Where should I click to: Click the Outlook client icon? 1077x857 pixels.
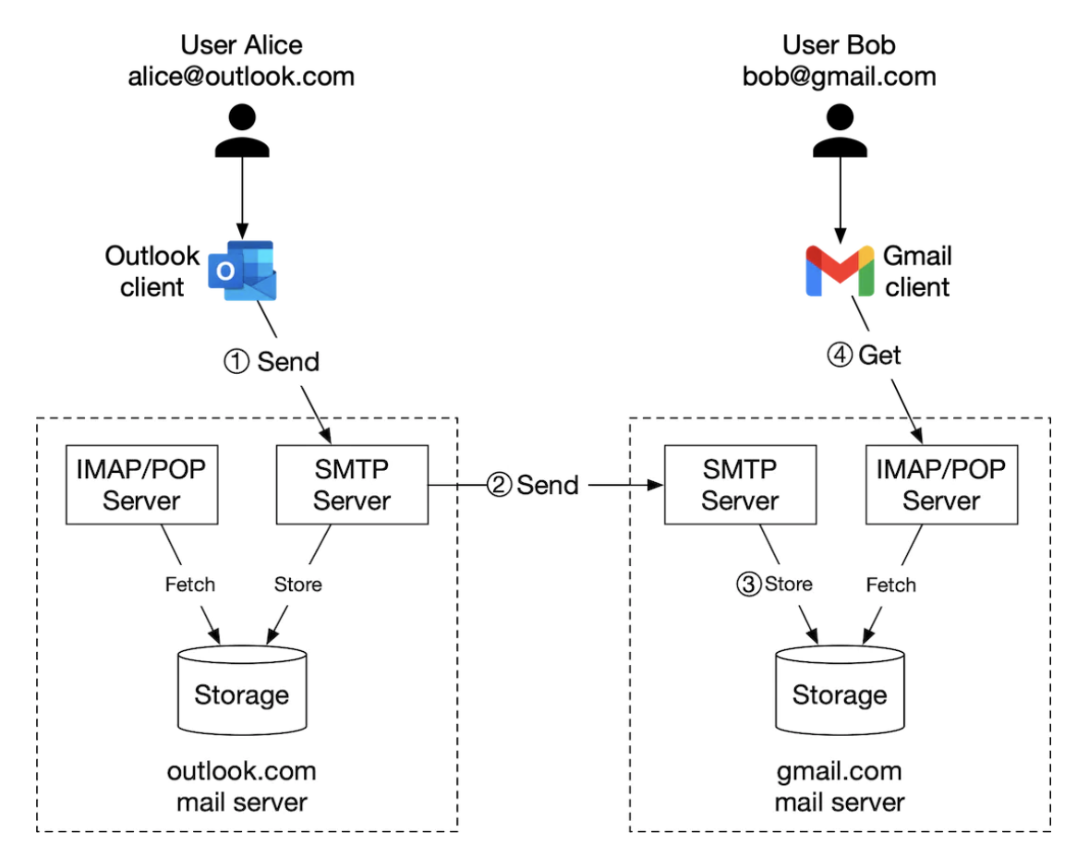[242, 271]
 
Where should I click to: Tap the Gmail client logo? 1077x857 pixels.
[840, 271]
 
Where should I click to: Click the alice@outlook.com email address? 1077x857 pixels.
[241, 76]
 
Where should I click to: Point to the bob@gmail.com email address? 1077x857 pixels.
[839, 76]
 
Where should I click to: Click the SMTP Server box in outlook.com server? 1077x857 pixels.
[352, 486]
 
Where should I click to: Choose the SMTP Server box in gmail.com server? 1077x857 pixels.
[740, 486]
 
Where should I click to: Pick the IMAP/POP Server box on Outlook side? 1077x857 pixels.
[141, 486]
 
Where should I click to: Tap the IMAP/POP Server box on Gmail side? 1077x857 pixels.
[941, 486]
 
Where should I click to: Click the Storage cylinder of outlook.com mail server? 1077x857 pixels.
[241, 689]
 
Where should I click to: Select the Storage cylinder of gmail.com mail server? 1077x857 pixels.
[839, 689]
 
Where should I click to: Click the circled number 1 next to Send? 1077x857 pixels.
[237, 362]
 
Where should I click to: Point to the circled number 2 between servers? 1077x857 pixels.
[499, 485]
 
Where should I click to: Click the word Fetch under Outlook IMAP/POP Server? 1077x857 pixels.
[189, 584]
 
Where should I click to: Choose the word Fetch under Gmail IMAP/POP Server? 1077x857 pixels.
[890, 584]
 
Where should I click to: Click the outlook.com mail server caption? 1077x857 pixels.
[241, 786]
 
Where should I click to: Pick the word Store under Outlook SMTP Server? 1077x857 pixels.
[297, 584]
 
